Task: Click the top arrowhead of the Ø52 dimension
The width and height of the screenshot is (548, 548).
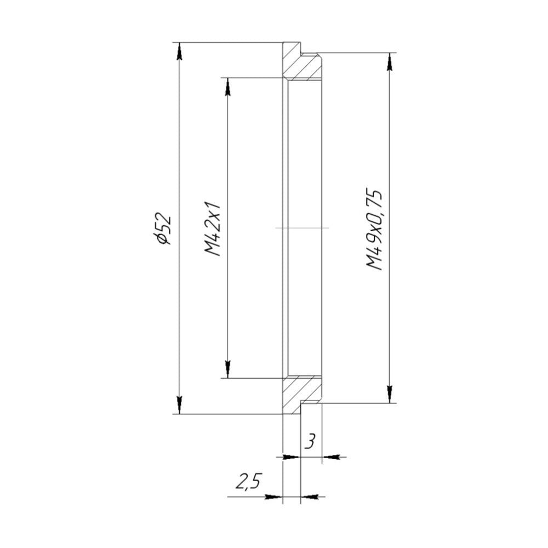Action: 179,50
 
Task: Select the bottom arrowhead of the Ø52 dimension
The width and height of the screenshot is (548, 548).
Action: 179,406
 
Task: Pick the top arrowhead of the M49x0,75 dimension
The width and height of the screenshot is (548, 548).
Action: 390,61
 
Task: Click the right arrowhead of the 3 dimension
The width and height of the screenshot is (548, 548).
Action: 330,456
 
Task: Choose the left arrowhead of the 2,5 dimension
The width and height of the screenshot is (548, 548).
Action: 273,497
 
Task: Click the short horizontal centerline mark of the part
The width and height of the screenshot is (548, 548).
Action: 302,227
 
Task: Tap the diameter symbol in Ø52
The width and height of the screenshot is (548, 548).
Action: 163,238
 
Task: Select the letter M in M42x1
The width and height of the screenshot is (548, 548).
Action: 213,249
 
